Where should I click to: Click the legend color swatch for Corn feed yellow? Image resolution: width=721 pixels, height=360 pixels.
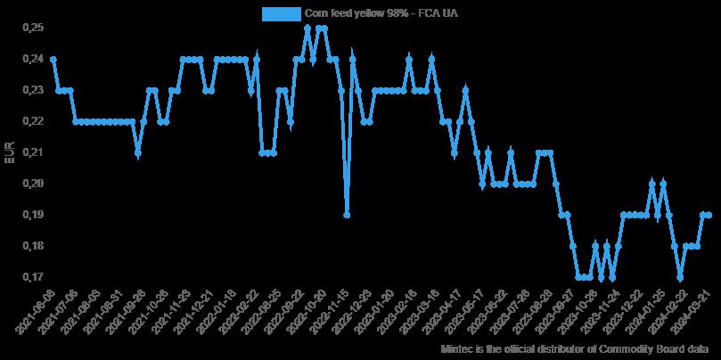[281, 13]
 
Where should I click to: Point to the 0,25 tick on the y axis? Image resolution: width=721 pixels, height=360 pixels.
[32, 28]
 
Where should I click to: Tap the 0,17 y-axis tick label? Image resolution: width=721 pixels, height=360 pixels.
[32, 277]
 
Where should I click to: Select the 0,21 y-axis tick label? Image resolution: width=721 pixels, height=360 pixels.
[32, 152]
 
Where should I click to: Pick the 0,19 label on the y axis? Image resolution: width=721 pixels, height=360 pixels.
[32, 215]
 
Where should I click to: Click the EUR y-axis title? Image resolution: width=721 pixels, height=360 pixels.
[10, 152]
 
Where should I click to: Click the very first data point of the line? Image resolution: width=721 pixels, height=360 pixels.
[53, 59]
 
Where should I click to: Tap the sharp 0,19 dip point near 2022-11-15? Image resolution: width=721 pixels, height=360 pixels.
[347, 215]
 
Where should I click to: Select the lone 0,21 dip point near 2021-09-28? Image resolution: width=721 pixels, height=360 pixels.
[137, 152]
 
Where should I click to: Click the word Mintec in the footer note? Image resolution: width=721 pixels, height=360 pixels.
[458, 350]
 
